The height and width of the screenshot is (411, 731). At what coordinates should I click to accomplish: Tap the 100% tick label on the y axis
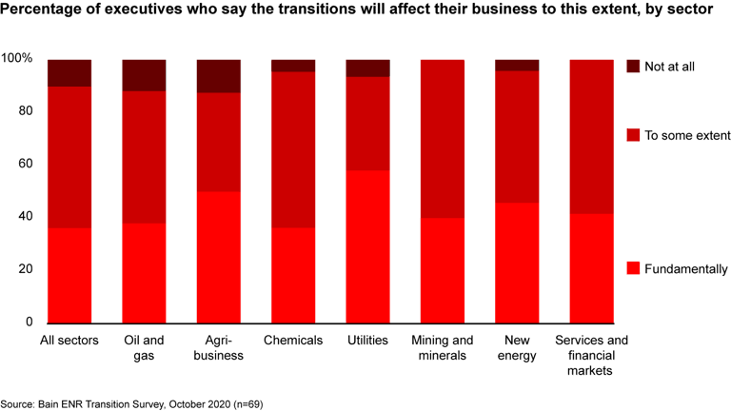click(x=17, y=59)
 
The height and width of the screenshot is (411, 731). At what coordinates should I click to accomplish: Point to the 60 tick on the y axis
click(x=24, y=164)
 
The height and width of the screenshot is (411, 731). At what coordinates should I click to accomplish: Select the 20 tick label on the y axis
click(x=24, y=269)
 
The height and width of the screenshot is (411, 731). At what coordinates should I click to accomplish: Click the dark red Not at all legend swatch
click(x=633, y=67)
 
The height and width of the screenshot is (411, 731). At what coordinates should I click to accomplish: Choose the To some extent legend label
click(x=687, y=136)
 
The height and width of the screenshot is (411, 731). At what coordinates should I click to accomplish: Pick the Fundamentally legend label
click(x=686, y=269)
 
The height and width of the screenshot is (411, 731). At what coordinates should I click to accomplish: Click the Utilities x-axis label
click(x=367, y=341)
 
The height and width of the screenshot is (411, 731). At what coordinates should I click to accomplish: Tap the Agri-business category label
click(x=219, y=348)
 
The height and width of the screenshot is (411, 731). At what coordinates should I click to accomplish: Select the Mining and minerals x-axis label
click(x=442, y=348)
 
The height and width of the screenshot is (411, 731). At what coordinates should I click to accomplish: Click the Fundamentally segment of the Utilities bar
click(x=367, y=246)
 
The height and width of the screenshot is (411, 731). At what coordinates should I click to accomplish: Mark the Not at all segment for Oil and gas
click(x=144, y=75)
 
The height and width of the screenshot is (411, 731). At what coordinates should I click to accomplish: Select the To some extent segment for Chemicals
click(x=293, y=149)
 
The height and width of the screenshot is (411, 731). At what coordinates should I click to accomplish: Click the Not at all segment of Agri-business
click(x=219, y=76)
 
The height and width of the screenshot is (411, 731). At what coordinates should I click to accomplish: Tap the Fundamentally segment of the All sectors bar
click(x=69, y=275)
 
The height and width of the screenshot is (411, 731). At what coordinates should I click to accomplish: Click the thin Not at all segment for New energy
click(x=517, y=65)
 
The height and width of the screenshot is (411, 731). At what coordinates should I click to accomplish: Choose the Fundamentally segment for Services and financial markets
click(x=591, y=268)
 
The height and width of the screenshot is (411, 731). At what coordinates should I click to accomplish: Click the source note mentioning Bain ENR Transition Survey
click(x=131, y=404)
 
